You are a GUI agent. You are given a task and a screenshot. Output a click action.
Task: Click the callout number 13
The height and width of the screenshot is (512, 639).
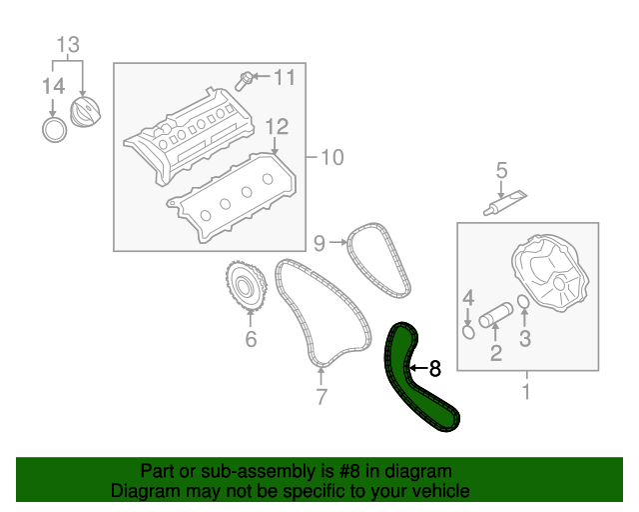[x=68, y=45]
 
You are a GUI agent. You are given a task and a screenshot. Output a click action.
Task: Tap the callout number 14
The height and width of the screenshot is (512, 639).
[x=53, y=87]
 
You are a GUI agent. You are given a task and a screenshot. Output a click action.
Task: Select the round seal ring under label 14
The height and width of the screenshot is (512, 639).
[x=55, y=129]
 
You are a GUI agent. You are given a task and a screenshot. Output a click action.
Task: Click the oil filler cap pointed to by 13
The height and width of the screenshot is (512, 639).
[x=85, y=112]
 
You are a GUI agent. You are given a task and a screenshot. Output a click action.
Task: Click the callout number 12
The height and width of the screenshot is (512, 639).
[x=278, y=127]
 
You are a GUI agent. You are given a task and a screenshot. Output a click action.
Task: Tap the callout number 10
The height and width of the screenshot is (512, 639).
[x=332, y=157]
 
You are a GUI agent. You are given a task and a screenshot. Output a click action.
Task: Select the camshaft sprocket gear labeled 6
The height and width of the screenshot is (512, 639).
[x=247, y=288]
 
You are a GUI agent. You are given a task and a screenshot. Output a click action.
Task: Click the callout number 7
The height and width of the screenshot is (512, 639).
[x=321, y=396]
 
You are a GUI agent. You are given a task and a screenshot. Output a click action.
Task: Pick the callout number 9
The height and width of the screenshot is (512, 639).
[x=319, y=243]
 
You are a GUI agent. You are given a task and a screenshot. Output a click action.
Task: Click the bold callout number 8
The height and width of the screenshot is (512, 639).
[x=435, y=369]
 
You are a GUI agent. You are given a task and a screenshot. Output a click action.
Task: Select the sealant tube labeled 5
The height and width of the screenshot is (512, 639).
[x=505, y=203]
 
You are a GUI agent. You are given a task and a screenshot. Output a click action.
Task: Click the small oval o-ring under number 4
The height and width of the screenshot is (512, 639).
[x=469, y=332]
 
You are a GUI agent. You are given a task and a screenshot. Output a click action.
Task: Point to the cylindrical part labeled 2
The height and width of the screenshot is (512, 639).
[x=496, y=315]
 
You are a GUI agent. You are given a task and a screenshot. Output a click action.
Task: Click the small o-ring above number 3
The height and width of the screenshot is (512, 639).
[x=523, y=302]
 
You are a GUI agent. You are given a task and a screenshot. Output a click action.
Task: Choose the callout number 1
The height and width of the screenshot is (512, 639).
[x=526, y=391]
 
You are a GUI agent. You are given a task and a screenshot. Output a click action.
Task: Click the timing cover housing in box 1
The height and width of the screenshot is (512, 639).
[x=550, y=274]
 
